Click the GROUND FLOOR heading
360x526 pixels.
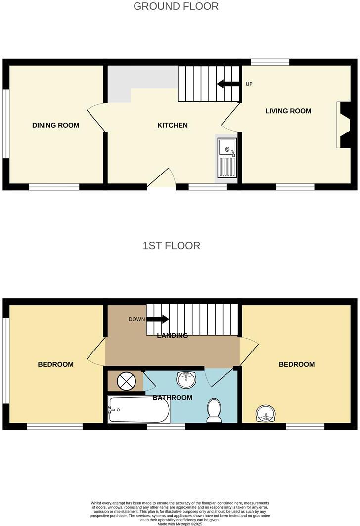[176, 6]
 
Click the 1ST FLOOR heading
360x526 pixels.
[172, 246]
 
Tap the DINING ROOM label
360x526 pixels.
[55, 125]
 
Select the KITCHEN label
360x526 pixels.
[172, 125]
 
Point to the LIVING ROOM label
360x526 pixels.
[288, 111]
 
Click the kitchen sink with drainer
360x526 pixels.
[227, 158]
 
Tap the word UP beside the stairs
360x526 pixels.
[249, 84]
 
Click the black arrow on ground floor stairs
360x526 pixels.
[227, 84]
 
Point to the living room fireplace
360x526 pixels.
[343, 125]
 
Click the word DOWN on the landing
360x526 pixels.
[136, 319]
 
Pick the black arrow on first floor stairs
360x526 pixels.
[158, 319]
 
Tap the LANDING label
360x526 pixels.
[172, 336]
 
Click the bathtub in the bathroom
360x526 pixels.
[138, 410]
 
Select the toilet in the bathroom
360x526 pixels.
[214, 410]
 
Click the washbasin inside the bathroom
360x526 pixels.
[186, 379]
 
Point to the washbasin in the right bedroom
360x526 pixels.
[266, 413]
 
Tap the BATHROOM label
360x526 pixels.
[172, 398]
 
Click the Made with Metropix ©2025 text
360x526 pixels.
[180, 524]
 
